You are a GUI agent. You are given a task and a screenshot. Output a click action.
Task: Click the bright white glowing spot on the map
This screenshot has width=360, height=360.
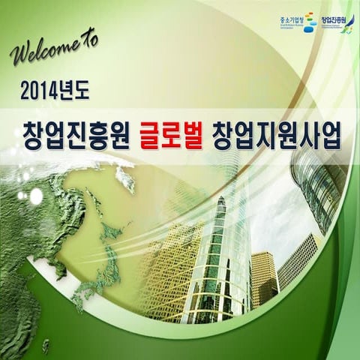(36, 196)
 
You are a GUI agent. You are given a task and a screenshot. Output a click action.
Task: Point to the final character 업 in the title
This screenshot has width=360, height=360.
(330, 135)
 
